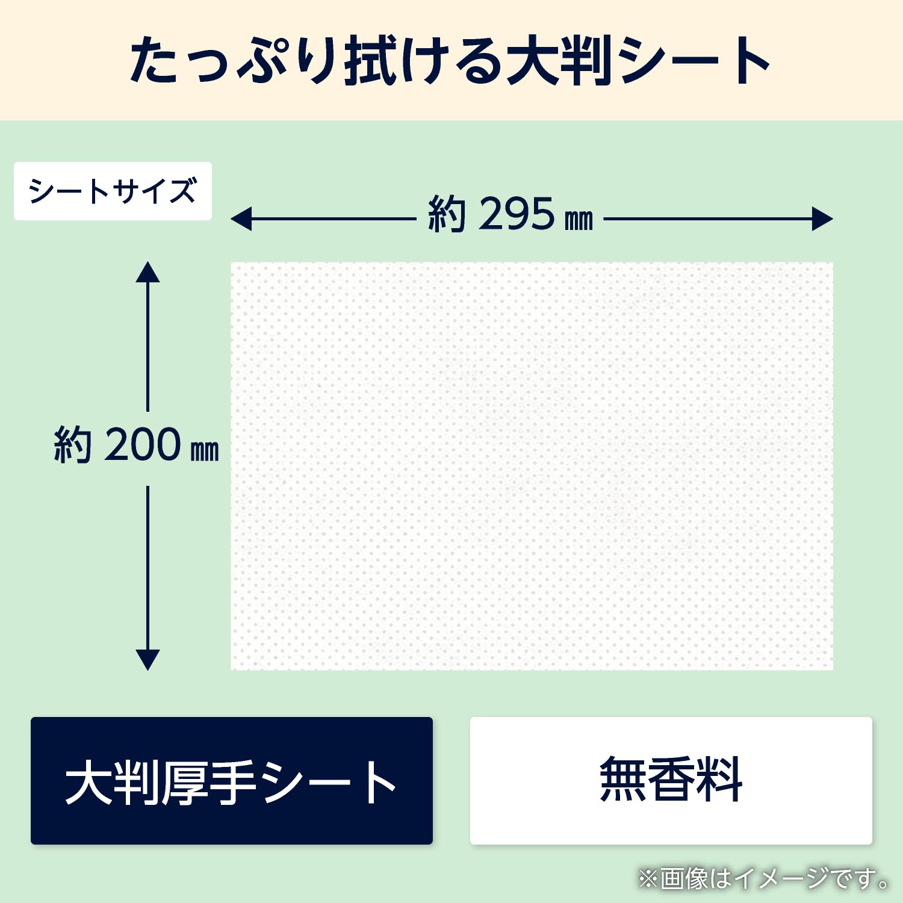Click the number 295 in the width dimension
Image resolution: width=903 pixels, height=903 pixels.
(516, 214)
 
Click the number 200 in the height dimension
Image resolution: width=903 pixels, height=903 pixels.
(142, 445)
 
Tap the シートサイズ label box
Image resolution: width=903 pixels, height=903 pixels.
(113, 191)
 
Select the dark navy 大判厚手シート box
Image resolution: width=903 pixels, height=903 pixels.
(231, 780)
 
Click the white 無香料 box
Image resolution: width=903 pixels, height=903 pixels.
(671, 780)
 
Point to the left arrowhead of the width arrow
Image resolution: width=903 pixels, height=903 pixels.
(241, 219)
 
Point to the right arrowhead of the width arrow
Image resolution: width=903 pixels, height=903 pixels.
(822, 219)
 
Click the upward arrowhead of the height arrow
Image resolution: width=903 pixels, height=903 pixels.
(147, 273)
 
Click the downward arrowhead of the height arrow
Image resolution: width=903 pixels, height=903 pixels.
(147, 659)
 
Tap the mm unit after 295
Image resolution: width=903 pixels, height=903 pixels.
(579, 220)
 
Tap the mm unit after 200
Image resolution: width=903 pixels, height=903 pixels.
(205, 450)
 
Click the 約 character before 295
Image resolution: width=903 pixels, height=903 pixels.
(446, 214)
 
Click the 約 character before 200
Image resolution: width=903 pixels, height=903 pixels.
(72, 445)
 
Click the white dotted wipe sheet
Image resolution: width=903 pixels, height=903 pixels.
(532, 465)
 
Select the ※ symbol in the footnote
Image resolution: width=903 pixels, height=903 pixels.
(648, 880)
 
